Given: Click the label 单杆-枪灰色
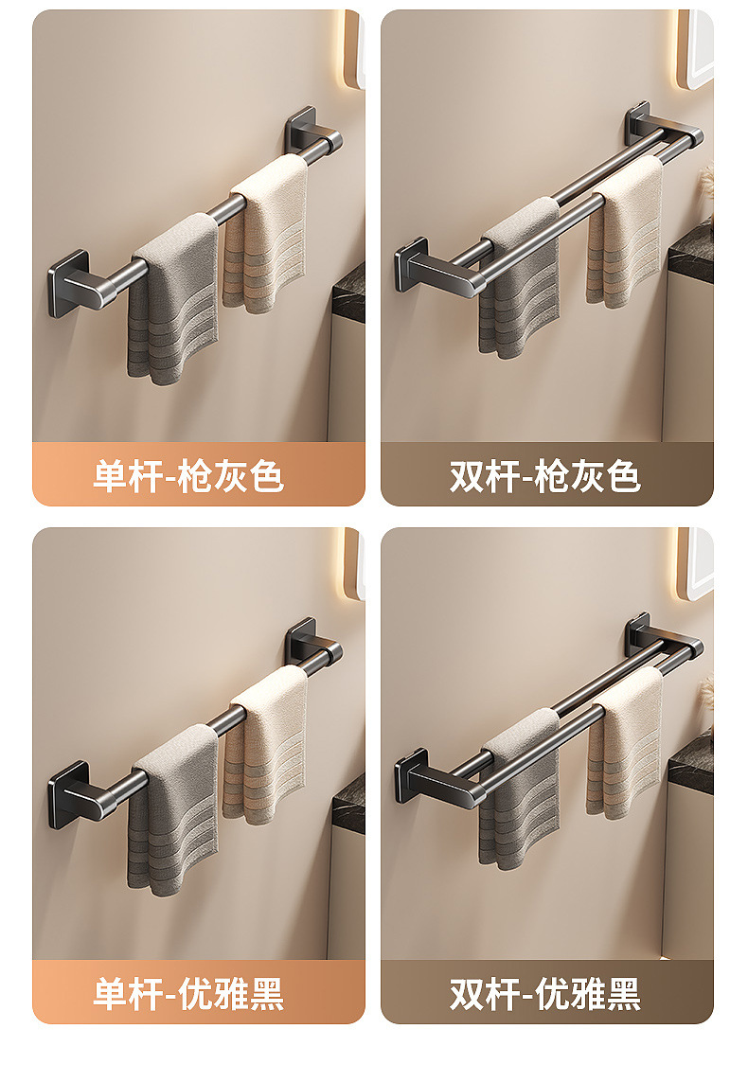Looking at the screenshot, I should point(187,475).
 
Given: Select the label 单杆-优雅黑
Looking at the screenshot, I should point(187,993).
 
